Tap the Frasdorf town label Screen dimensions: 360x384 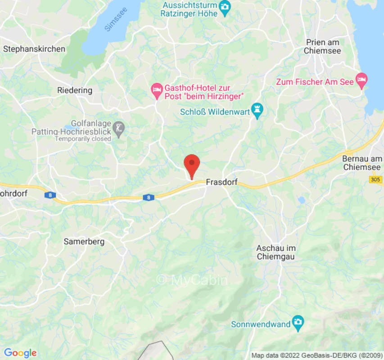221,183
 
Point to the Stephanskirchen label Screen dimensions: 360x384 34,49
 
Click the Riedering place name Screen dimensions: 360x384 75,90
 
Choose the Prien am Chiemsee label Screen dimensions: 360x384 322,46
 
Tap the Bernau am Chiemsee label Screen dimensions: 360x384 362,162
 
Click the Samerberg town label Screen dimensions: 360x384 84,242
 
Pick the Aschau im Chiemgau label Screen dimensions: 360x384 276,252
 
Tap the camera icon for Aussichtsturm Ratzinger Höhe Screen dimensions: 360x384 224,6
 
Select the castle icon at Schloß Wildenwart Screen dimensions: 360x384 257,109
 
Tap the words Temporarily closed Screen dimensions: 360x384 83,139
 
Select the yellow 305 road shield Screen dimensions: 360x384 376,180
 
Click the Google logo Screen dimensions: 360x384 20,353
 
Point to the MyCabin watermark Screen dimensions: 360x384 192,280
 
